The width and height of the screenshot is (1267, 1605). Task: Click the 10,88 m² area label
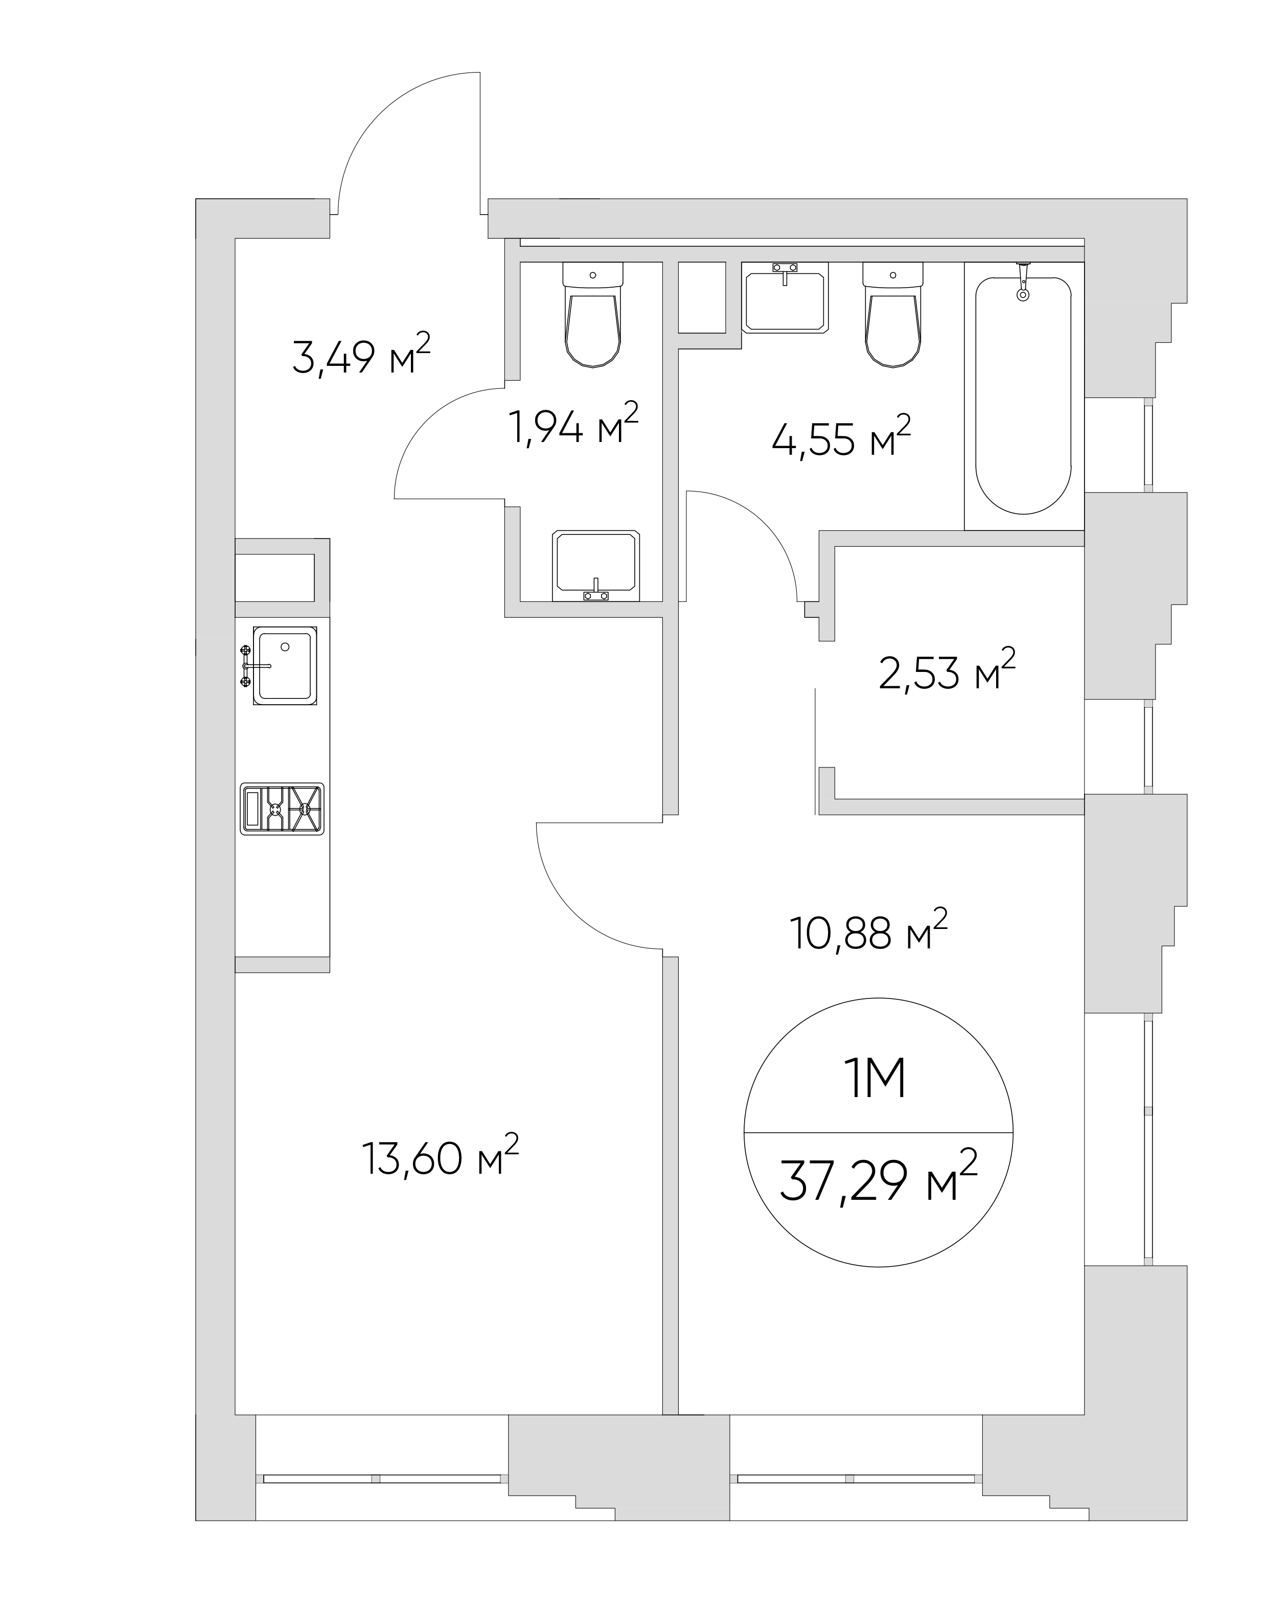tap(869, 933)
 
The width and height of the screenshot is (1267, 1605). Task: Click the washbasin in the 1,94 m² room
tap(595, 565)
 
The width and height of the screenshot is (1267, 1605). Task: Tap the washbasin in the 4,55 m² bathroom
tap(785, 297)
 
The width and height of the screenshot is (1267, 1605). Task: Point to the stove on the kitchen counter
tap(283, 808)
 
